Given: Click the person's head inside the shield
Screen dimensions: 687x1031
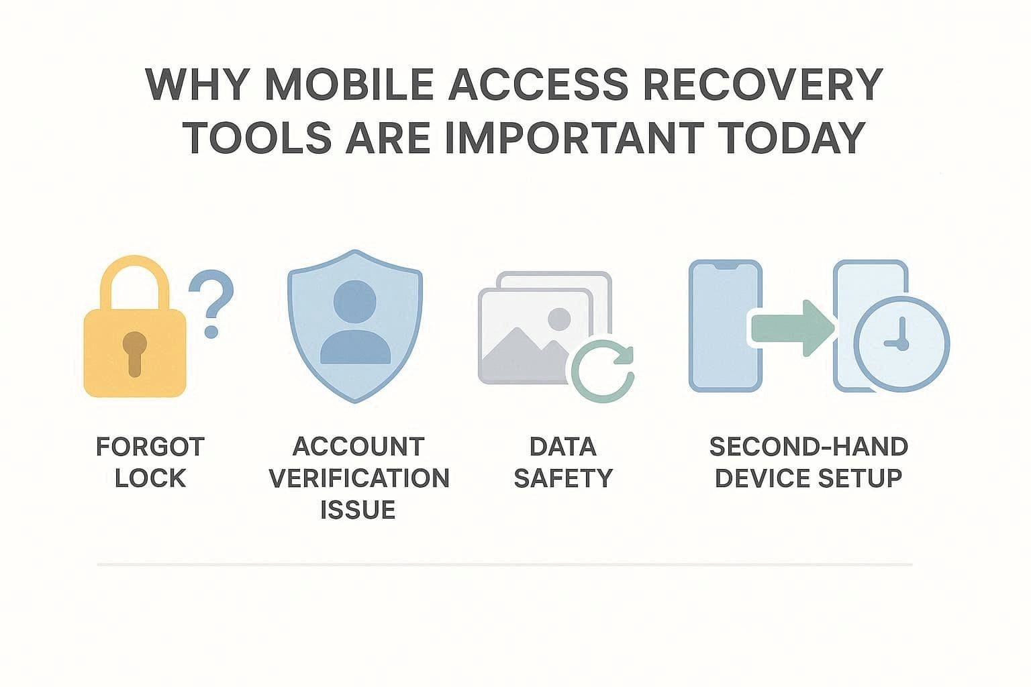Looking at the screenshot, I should (x=355, y=300).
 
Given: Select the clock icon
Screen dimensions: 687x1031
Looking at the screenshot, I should (x=901, y=343).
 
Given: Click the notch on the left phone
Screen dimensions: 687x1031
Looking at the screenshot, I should (x=726, y=266).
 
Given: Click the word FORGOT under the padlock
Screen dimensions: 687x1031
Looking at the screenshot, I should (x=150, y=447).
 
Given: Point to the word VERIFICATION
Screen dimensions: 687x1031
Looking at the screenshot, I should (x=358, y=478).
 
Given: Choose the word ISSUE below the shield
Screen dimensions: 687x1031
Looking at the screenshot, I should (x=358, y=510).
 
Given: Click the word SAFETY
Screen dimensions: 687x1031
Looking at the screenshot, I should (x=562, y=478).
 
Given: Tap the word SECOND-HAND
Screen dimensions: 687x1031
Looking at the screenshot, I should (x=808, y=447).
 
